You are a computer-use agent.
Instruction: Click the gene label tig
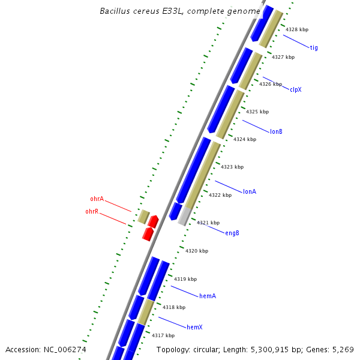click(x=314, y=47)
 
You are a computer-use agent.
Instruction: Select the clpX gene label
click(x=295, y=89)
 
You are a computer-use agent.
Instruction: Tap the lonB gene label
click(x=276, y=131)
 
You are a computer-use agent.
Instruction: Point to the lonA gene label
click(x=250, y=191)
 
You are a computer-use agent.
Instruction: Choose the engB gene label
click(x=232, y=233)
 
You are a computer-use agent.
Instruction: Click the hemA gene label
click(x=208, y=296)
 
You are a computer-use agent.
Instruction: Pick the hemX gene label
click(x=194, y=327)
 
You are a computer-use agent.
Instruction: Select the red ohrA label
click(x=97, y=199)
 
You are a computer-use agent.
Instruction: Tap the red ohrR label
click(x=92, y=211)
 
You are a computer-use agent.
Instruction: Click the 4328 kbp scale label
click(x=297, y=29)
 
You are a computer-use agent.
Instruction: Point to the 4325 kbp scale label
click(x=257, y=112)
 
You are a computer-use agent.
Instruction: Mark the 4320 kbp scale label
click(x=197, y=251)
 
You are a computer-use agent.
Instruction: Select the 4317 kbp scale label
click(x=163, y=335)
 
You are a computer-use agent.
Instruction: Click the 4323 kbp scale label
click(x=232, y=167)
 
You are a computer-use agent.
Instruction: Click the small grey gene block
click(x=185, y=215)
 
